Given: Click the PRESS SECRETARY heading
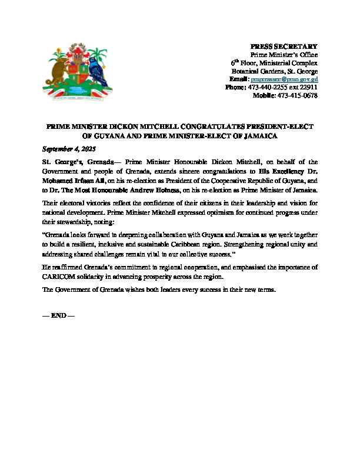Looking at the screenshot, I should point(284,46).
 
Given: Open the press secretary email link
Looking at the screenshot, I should point(284,79).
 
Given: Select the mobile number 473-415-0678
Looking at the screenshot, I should point(298,95).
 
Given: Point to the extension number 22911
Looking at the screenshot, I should point(309,87).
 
